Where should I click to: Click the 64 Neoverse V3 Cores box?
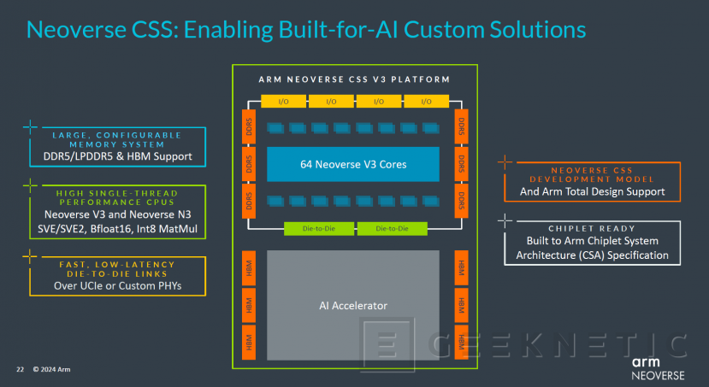[353, 164]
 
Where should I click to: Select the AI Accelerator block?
[353, 305]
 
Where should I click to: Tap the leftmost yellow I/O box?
[283, 101]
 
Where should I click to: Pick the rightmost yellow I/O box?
[425, 101]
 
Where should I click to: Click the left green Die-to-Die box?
[318, 228]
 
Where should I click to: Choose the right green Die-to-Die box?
[389, 228]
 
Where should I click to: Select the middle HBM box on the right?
[462, 303]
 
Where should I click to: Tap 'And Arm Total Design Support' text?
[593, 191]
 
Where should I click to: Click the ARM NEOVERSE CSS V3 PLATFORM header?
[353, 79]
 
